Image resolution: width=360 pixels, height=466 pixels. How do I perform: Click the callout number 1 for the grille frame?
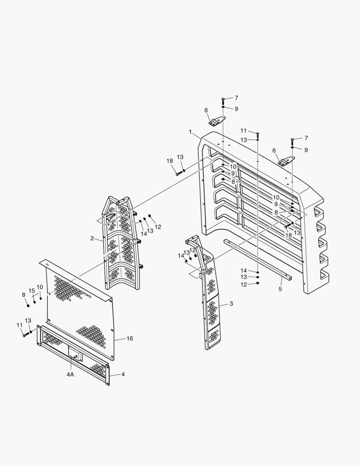(x=190, y=132)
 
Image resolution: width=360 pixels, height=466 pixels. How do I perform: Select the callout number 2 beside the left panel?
(x=92, y=238)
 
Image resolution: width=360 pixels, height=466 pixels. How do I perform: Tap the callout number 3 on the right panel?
(x=231, y=304)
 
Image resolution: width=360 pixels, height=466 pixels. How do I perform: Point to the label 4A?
(x=70, y=375)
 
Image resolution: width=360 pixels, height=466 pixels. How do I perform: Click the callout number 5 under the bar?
(x=280, y=289)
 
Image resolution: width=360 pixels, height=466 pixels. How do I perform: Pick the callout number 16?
(x=129, y=338)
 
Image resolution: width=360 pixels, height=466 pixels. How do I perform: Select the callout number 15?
(x=32, y=290)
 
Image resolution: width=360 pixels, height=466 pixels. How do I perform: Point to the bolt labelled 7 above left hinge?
(x=223, y=100)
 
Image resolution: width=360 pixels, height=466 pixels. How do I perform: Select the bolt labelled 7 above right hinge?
(x=292, y=140)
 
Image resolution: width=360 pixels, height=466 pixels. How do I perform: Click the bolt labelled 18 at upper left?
(x=178, y=173)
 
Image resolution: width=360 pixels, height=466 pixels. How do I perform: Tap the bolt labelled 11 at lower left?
(x=25, y=334)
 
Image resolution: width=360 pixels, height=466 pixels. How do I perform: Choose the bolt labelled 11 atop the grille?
(x=257, y=133)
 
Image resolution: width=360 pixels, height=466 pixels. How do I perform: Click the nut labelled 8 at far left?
(x=28, y=305)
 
